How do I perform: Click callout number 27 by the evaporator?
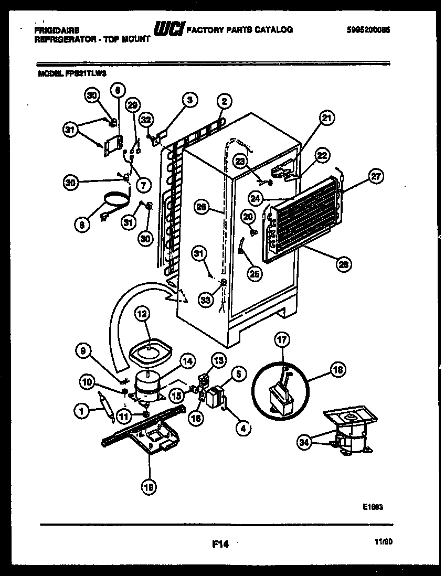[x=375, y=176]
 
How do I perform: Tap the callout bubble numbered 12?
[x=142, y=314]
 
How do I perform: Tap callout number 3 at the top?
[x=189, y=99]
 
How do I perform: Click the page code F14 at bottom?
[x=220, y=545]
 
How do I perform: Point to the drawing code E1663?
[x=372, y=507]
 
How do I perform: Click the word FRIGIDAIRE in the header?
[x=54, y=30]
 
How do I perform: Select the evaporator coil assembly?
[x=304, y=220]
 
